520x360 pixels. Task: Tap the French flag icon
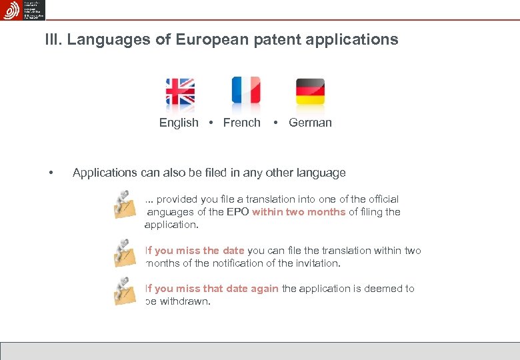245,91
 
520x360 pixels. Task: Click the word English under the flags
179,123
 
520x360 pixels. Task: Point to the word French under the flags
241,123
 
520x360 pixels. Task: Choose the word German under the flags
310,123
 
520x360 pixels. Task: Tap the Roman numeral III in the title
52,40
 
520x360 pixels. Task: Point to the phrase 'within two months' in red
299,212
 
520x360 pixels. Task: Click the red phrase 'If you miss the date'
195,251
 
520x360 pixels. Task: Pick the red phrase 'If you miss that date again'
212,289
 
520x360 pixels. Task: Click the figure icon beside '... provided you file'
124,205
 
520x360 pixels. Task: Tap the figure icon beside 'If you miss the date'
124,253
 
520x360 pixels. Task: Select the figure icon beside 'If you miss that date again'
124,291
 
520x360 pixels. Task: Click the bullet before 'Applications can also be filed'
51,173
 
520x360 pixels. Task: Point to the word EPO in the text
237,212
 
